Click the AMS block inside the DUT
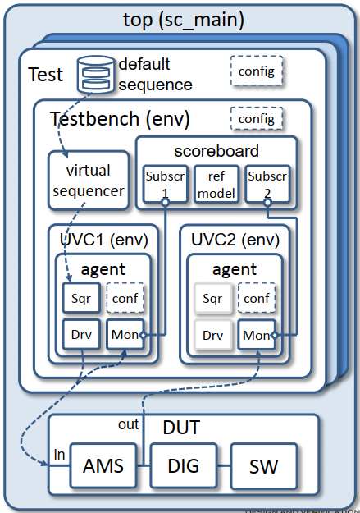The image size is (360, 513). click(x=104, y=465)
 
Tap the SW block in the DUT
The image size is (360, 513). click(x=263, y=465)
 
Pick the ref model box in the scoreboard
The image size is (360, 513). click(x=217, y=185)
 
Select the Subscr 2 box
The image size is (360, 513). click(x=268, y=185)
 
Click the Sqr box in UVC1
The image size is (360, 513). click(x=80, y=298)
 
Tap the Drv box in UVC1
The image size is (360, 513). click(x=80, y=335)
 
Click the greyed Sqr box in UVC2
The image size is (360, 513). click(x=212, y=298)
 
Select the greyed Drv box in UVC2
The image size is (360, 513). click(x=212, y=335)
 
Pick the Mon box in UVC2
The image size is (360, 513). click(x=256, y=335)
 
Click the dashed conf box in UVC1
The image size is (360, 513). click(x=124, y=298)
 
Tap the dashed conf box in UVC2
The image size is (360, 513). click(x=256, y=298)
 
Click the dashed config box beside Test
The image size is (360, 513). click(x=256, y=71)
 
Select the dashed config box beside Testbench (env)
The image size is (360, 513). click(x=256, y=119)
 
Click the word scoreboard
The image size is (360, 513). click(x=216, y=151)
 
